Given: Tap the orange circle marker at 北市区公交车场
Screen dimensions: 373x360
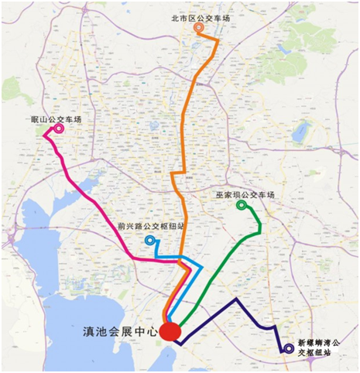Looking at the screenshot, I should click(x=199, y=28).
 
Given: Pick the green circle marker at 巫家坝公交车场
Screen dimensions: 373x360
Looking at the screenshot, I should click(x=242, y=206).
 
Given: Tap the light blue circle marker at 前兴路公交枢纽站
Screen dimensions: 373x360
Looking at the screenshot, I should click(x=149, y=241).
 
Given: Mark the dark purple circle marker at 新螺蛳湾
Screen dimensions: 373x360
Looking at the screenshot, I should click(x=288, y=348).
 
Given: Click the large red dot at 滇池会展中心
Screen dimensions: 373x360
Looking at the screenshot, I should click(x=170, y=331).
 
